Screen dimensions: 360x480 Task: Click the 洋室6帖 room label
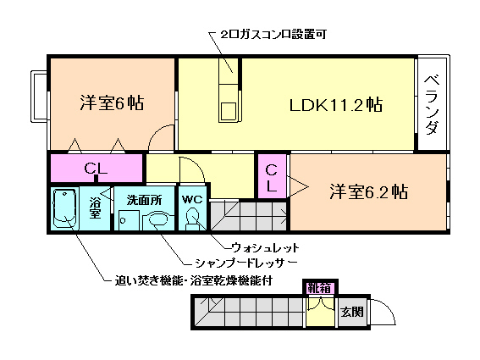coord(111,103)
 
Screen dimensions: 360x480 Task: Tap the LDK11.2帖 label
coord(335,106)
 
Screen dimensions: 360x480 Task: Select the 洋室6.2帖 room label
coord(368,191)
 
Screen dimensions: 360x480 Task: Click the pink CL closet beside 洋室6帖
coord(95,168)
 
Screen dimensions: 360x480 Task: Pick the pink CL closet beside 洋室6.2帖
coord(272,177)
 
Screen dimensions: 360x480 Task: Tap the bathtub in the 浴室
coord(65,210)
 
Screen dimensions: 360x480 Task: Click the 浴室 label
coord(95,208)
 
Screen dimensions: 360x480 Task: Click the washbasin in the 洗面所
coord(158,221)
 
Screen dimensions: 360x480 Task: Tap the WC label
coord(191,201)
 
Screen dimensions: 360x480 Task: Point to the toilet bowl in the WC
coord(193,221)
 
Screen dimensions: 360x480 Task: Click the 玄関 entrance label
coord(352,312)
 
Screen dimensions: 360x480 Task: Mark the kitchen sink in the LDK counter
coord(229,109)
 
